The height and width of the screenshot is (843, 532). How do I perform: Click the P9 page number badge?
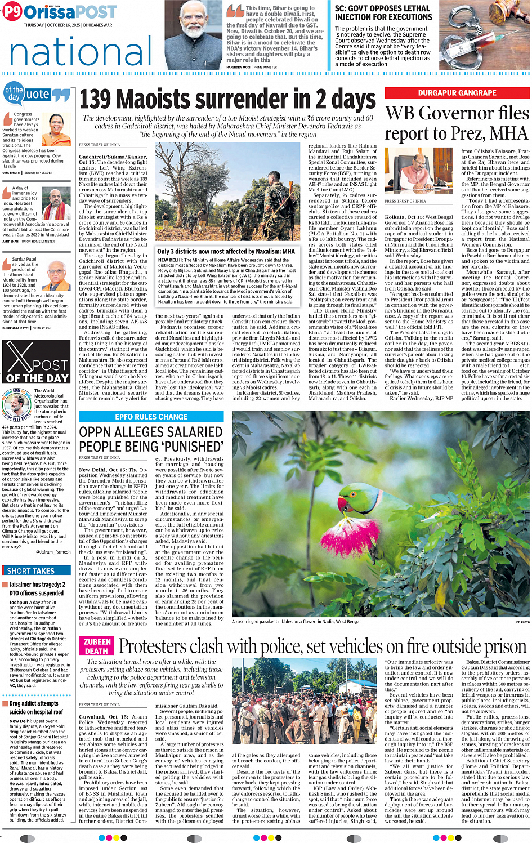[x=12, y=12]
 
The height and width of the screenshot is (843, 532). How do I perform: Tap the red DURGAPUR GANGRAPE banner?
[x=457, y=93]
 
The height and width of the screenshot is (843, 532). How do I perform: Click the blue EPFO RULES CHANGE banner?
[x=151, y=417]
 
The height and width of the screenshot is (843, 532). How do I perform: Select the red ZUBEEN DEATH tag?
[x=97, y=646]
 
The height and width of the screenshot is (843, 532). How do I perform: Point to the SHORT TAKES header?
[x=31, y=570]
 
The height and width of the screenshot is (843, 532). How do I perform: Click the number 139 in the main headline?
[x=96, y=99]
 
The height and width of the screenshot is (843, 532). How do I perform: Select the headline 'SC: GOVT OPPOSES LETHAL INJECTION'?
[x=383, y=13]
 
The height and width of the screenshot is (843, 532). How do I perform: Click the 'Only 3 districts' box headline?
[x=226, y=251]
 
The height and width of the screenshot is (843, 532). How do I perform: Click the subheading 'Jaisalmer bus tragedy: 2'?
[x=37, y=585]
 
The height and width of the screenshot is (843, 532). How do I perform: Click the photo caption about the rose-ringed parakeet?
[x=296, y=622]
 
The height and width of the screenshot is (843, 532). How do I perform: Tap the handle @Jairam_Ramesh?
[x=53, y=552]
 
